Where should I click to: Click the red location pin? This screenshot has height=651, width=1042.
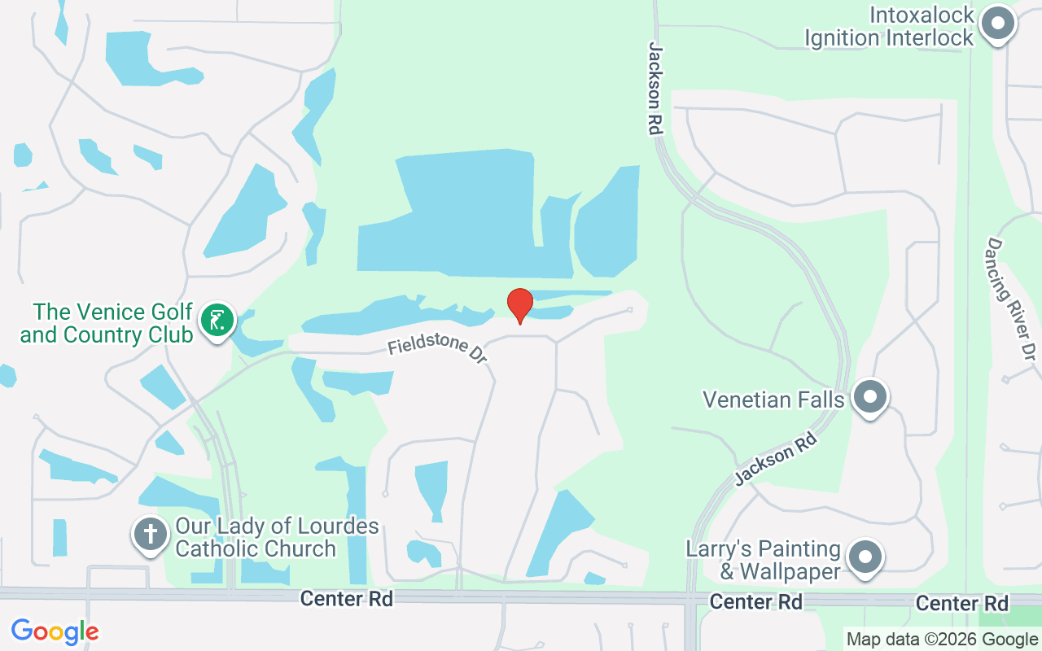[519, 305]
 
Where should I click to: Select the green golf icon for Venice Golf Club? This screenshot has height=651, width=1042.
[217, 320]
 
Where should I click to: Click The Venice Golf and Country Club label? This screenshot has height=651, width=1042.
[107, 323]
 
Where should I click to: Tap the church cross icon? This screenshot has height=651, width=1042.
[151, 535]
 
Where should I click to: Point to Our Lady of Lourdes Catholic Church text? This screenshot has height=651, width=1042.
[277, 537]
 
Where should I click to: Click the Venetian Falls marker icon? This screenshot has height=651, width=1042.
[870, 398]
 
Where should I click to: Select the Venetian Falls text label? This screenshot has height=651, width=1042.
[773, 400]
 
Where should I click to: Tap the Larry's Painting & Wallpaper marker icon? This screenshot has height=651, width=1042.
[865, 558]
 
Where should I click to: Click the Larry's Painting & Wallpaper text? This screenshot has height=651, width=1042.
[773, 560]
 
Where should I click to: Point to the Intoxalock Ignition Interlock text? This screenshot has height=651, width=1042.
[889, 27]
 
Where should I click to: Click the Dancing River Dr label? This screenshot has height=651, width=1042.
[1010, 299]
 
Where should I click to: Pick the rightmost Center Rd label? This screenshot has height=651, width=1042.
[961, 603]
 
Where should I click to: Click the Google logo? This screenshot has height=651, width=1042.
[55, 631]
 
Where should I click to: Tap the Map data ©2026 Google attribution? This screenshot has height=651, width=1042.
[942, 640]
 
